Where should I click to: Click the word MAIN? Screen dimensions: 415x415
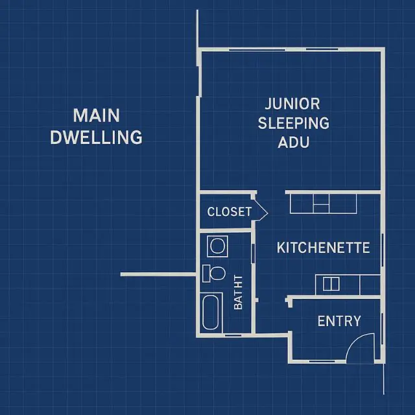[x=96, y=115]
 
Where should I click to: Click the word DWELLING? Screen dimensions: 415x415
[x=96, y=137]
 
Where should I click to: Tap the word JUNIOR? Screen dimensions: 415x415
[x=292, y=104]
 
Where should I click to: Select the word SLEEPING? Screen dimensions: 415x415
[x=293, y=123]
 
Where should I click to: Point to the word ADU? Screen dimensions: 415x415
[x=293, y=142]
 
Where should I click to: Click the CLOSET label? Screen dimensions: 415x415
[x=229, y=212]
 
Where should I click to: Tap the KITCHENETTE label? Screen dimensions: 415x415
[x=323, y=248]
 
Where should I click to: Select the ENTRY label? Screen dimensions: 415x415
[x=338, y=321]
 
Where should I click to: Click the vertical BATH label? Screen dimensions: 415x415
[x=238, y=292]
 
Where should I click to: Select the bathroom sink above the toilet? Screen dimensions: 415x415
[x=215, y=246]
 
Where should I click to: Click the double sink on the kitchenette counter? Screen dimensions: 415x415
[x=331, y=283]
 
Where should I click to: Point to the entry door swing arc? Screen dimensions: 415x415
[x=359, y=348]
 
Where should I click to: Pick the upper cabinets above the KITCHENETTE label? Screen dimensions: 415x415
[x=323, y=204]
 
